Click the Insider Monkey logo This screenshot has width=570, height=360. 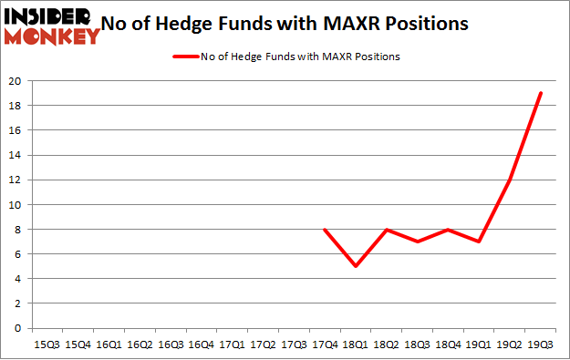click(51, 26)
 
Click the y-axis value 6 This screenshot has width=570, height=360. click(18, 254)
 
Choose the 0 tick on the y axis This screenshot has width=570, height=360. click(18, 328)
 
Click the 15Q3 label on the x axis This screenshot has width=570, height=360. click(47, 345)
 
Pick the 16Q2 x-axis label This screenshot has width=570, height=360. click(140, 345)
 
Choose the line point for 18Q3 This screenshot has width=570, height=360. click(418, 242)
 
